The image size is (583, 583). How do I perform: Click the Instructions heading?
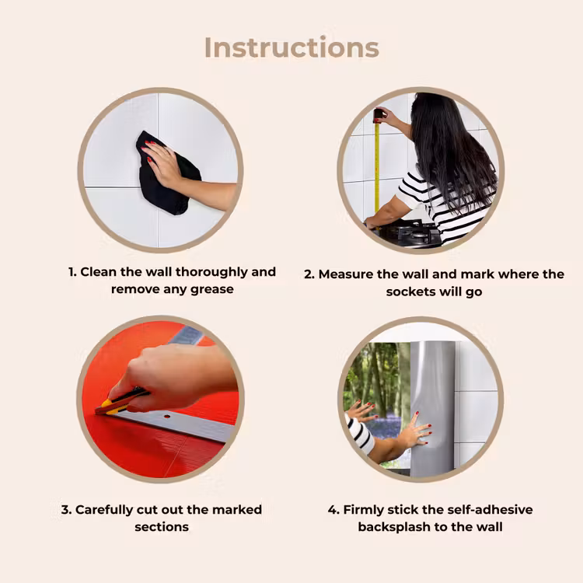[x=291, y=47]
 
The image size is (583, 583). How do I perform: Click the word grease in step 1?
[x=212, y=290]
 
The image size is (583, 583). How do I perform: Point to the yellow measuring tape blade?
[x=377, y=167]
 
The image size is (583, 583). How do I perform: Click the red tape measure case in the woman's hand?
[x=378, y=115]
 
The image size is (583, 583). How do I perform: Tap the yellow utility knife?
[x=120, y=402]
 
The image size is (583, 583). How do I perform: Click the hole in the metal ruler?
[x=167, y=417]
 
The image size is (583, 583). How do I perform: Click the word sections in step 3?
[x=162, y=527]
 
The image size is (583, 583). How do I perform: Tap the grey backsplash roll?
[x=432, y=408]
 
